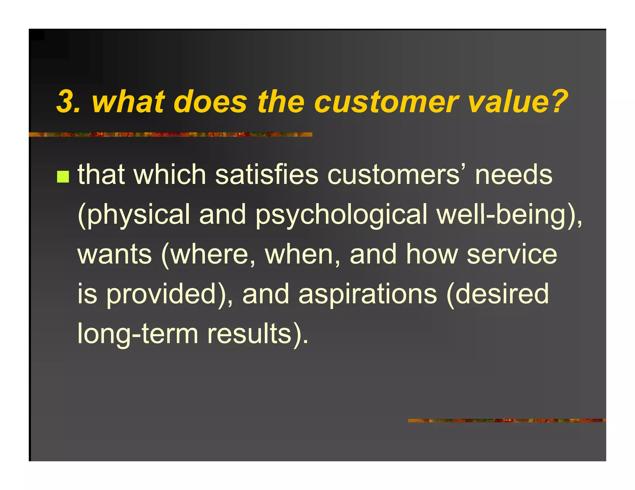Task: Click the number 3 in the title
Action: point(66,102)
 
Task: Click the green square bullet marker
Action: point(63,177)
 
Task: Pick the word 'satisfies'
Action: point(267,175)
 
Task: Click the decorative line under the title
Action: point(170,134)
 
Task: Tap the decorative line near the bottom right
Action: point(507,421)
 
